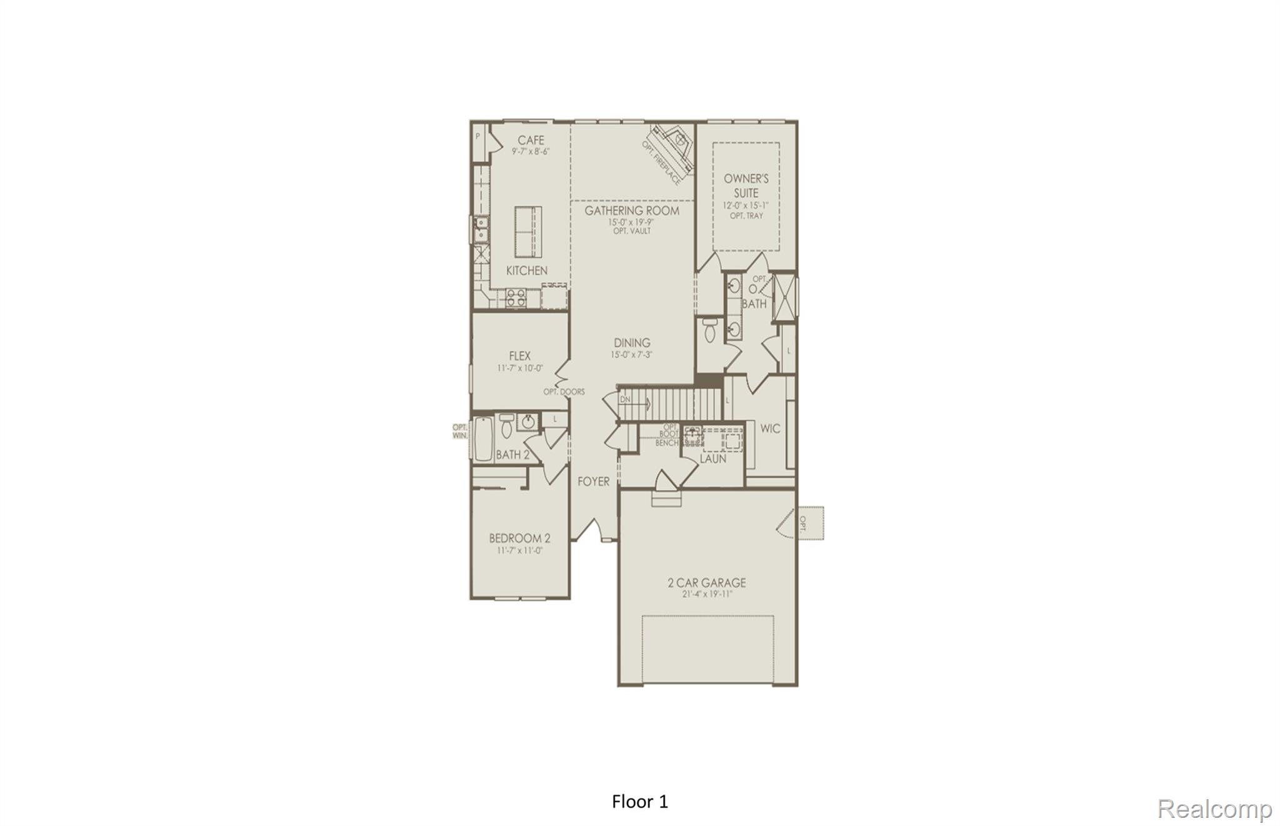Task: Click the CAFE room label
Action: tap(531, 140)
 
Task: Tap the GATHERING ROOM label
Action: tap(632, 211)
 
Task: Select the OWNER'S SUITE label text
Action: tap(746, 186)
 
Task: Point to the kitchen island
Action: tap(528, 231)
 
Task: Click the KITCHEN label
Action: tap(527, 271)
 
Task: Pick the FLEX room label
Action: tap(519, 356)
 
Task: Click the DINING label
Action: tap(632, 343)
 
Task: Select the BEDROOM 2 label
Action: tap(519, 538)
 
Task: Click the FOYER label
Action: tap(593, 481)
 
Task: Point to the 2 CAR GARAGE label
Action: tap(707, 583)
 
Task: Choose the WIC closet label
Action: tap(770, 428)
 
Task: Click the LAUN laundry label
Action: tap(712, 459)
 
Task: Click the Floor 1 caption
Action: tap(640, 802)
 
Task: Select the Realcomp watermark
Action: tap(1214, 808)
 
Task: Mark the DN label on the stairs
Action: tap(626, 399)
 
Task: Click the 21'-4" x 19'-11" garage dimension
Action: tap(707, 595)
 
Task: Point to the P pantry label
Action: tap(478, 136)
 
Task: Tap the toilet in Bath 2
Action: tap(507, 428)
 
